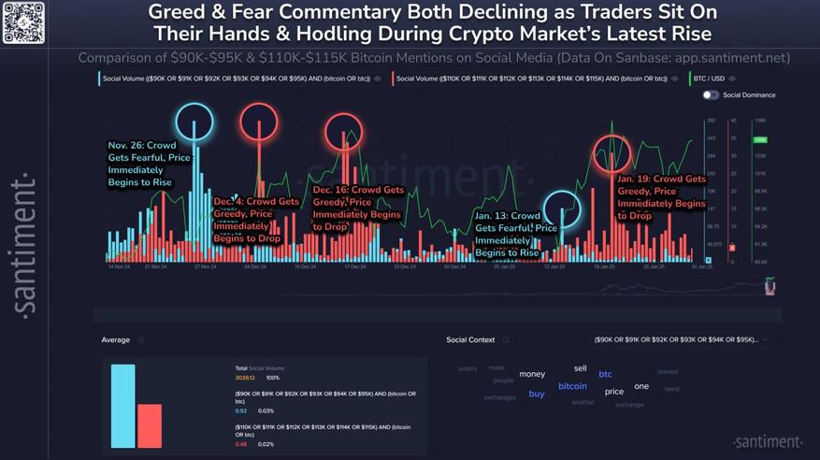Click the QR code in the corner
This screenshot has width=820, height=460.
pos(24,22)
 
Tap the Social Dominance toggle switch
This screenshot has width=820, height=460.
pos(711,95)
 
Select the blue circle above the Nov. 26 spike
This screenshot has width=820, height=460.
pos(194,122)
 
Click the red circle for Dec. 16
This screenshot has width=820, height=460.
pos(344,132)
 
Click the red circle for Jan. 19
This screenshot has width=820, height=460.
pos(612,152)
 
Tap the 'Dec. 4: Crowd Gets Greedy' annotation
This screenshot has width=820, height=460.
pos(256,220)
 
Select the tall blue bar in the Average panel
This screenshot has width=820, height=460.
pos(122,406)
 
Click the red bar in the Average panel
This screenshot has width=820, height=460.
pos(150,425)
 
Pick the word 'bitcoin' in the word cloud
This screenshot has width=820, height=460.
pos(572,386)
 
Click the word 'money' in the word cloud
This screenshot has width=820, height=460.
pos(532,374)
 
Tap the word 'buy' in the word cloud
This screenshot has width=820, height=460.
pos(537,394)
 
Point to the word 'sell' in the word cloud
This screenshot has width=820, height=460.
pos(580,368)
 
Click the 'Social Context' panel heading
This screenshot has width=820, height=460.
pos(471,340)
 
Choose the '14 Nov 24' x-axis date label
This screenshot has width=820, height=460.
pos(119,266)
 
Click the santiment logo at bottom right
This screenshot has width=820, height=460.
pos(767,441)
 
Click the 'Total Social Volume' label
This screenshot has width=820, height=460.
pos(260,368)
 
